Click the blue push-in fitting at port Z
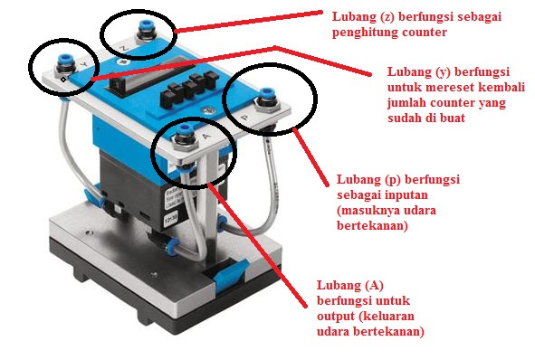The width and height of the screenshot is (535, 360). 141,33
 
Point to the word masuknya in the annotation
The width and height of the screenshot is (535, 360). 377,210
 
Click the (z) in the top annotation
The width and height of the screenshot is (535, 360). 369,15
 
